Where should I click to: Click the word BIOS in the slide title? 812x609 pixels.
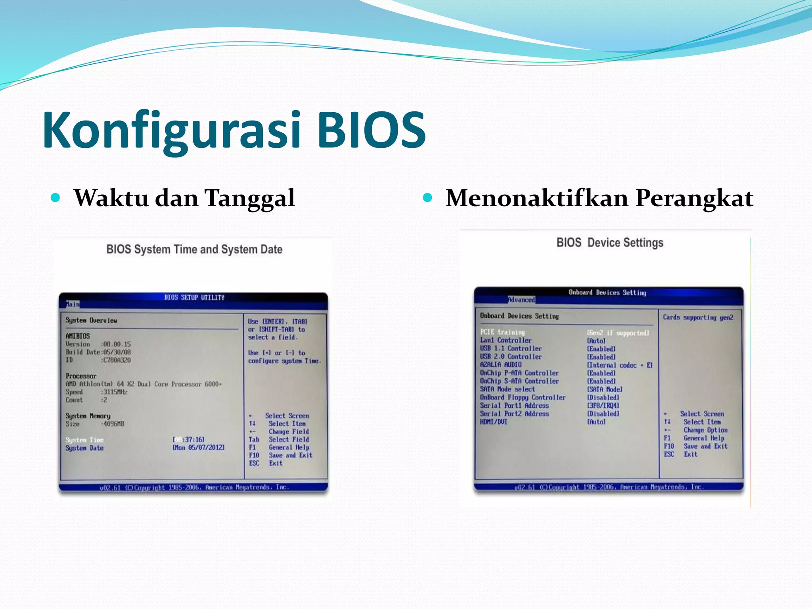click(x=372, y=130)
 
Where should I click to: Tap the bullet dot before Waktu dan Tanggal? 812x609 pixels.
click(x=56, y=197)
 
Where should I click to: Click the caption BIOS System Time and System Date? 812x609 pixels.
click(x=194, y=249)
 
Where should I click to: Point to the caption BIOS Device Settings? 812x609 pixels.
click(x=609, y=243)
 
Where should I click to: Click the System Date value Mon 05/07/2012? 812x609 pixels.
click(x=199, y=448)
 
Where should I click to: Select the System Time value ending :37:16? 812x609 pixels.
click(x=189, y=440)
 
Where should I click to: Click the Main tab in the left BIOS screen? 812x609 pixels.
click(x=73, y=304)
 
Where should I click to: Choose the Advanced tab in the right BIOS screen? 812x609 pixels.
click(x=521, y=300)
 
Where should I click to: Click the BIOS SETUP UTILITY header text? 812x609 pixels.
click(x=194, y=297)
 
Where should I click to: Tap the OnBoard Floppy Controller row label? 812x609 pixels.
click(x=523, y=397)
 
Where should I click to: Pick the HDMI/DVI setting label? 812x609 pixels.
click(x=494, y=422)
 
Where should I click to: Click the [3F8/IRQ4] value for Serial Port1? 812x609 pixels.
click(x=603, y=406)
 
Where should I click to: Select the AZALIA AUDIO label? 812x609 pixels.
click(x=501, y=365)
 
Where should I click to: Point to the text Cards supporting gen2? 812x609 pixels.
click(x=698, y=317)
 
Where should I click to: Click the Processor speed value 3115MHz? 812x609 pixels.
click(x=115, y=392)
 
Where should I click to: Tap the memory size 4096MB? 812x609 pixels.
click(x=114, y=424)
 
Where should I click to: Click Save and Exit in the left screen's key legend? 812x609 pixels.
click(x=290, y=456)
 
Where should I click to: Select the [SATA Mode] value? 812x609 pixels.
click(x=604, y=389)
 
